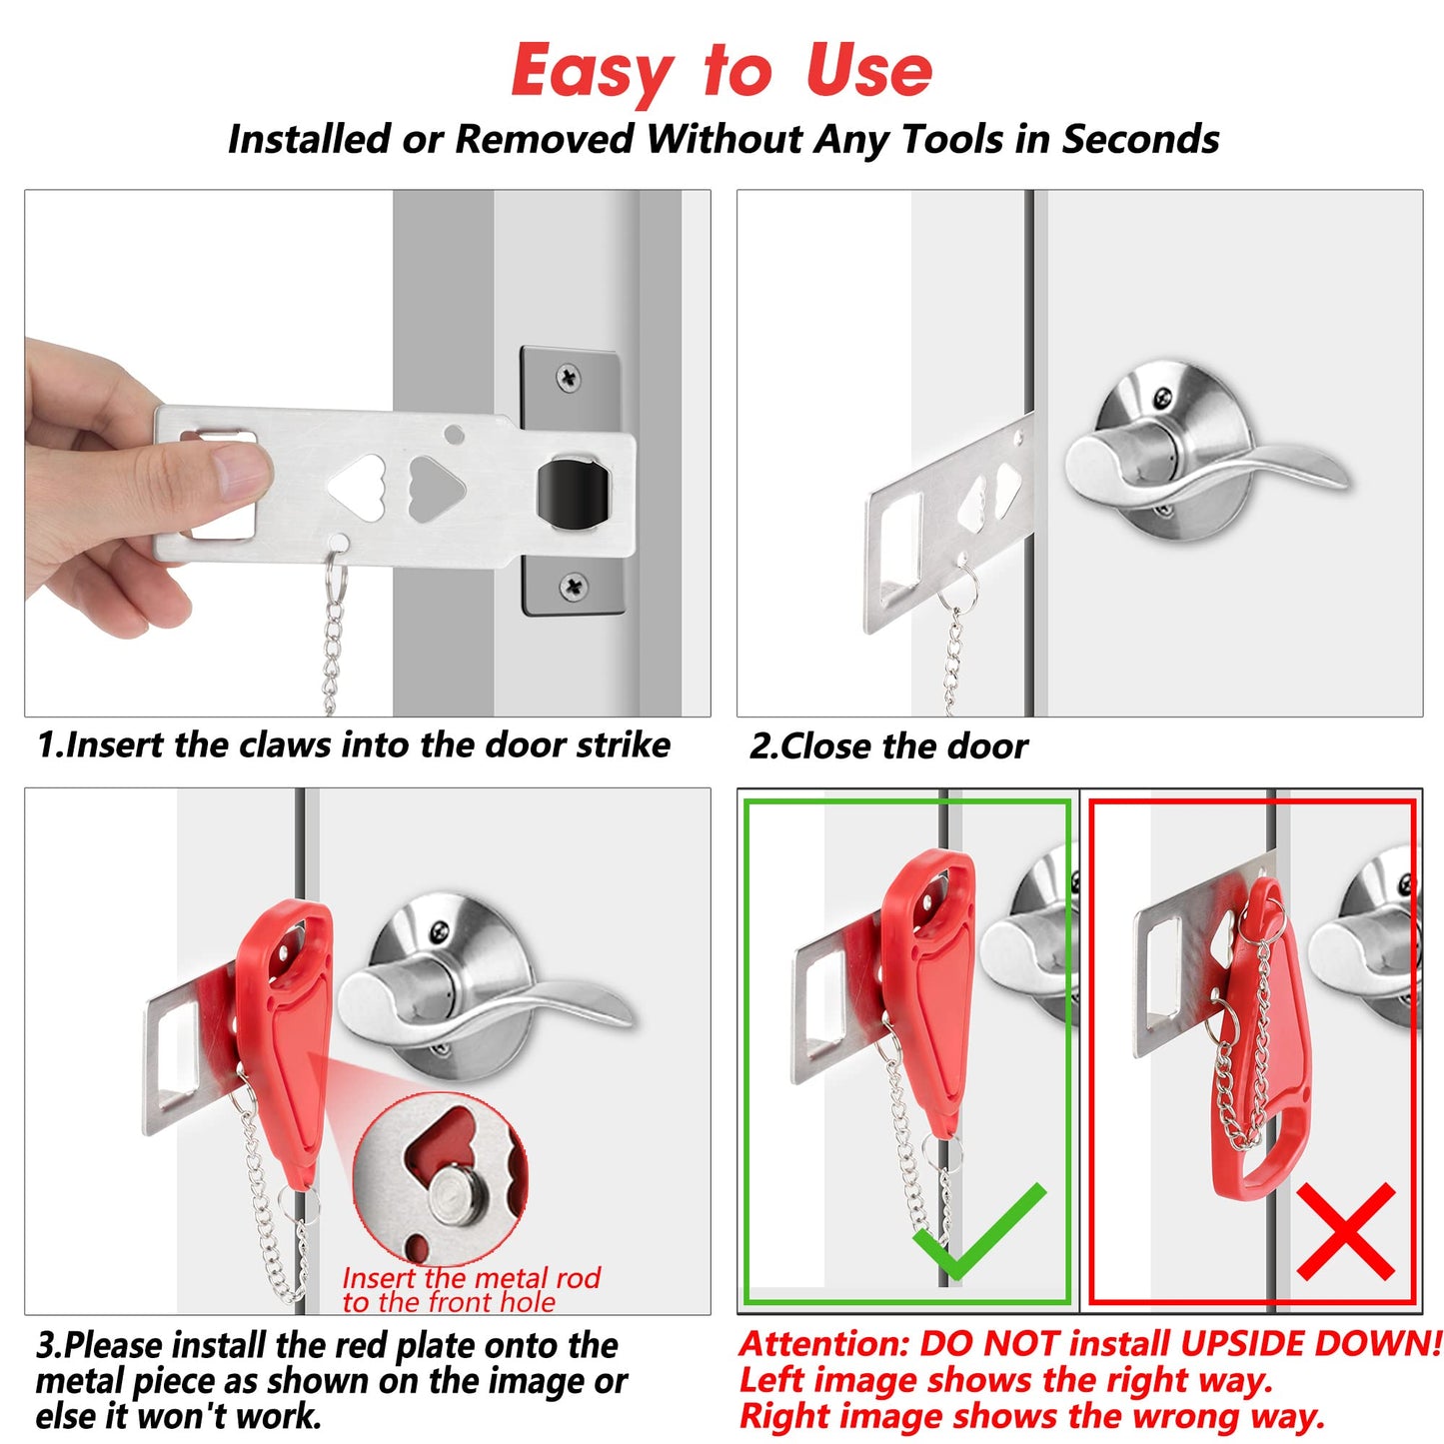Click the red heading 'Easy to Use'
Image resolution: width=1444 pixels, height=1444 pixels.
(721, 72)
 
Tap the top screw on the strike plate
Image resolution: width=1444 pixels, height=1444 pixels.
(568, 378)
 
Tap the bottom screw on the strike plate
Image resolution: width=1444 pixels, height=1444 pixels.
(574, 586)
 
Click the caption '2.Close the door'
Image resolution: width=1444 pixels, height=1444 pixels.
(888, 746)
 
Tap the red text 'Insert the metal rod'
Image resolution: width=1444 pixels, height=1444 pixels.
(471, 1278)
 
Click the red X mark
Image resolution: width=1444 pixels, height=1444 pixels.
(1345, 1232)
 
